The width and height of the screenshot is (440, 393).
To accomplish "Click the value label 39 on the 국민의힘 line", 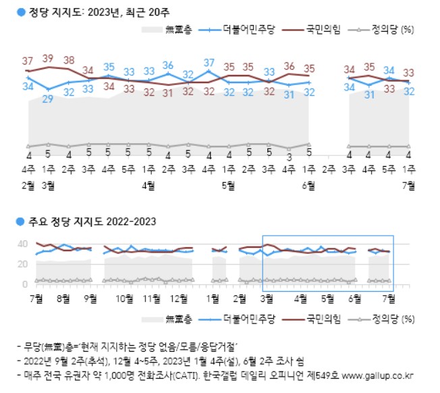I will pos(48,59).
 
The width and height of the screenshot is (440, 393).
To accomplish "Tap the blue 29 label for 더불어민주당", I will pos(48,99).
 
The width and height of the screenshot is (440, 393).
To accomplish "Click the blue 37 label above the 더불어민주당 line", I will pos(209,63).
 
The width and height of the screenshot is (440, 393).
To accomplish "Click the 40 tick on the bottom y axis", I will pos(22,244).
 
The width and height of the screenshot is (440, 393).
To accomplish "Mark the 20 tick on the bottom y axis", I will pos(22,265).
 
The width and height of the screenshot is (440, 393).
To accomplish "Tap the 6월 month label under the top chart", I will pos(310,183).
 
